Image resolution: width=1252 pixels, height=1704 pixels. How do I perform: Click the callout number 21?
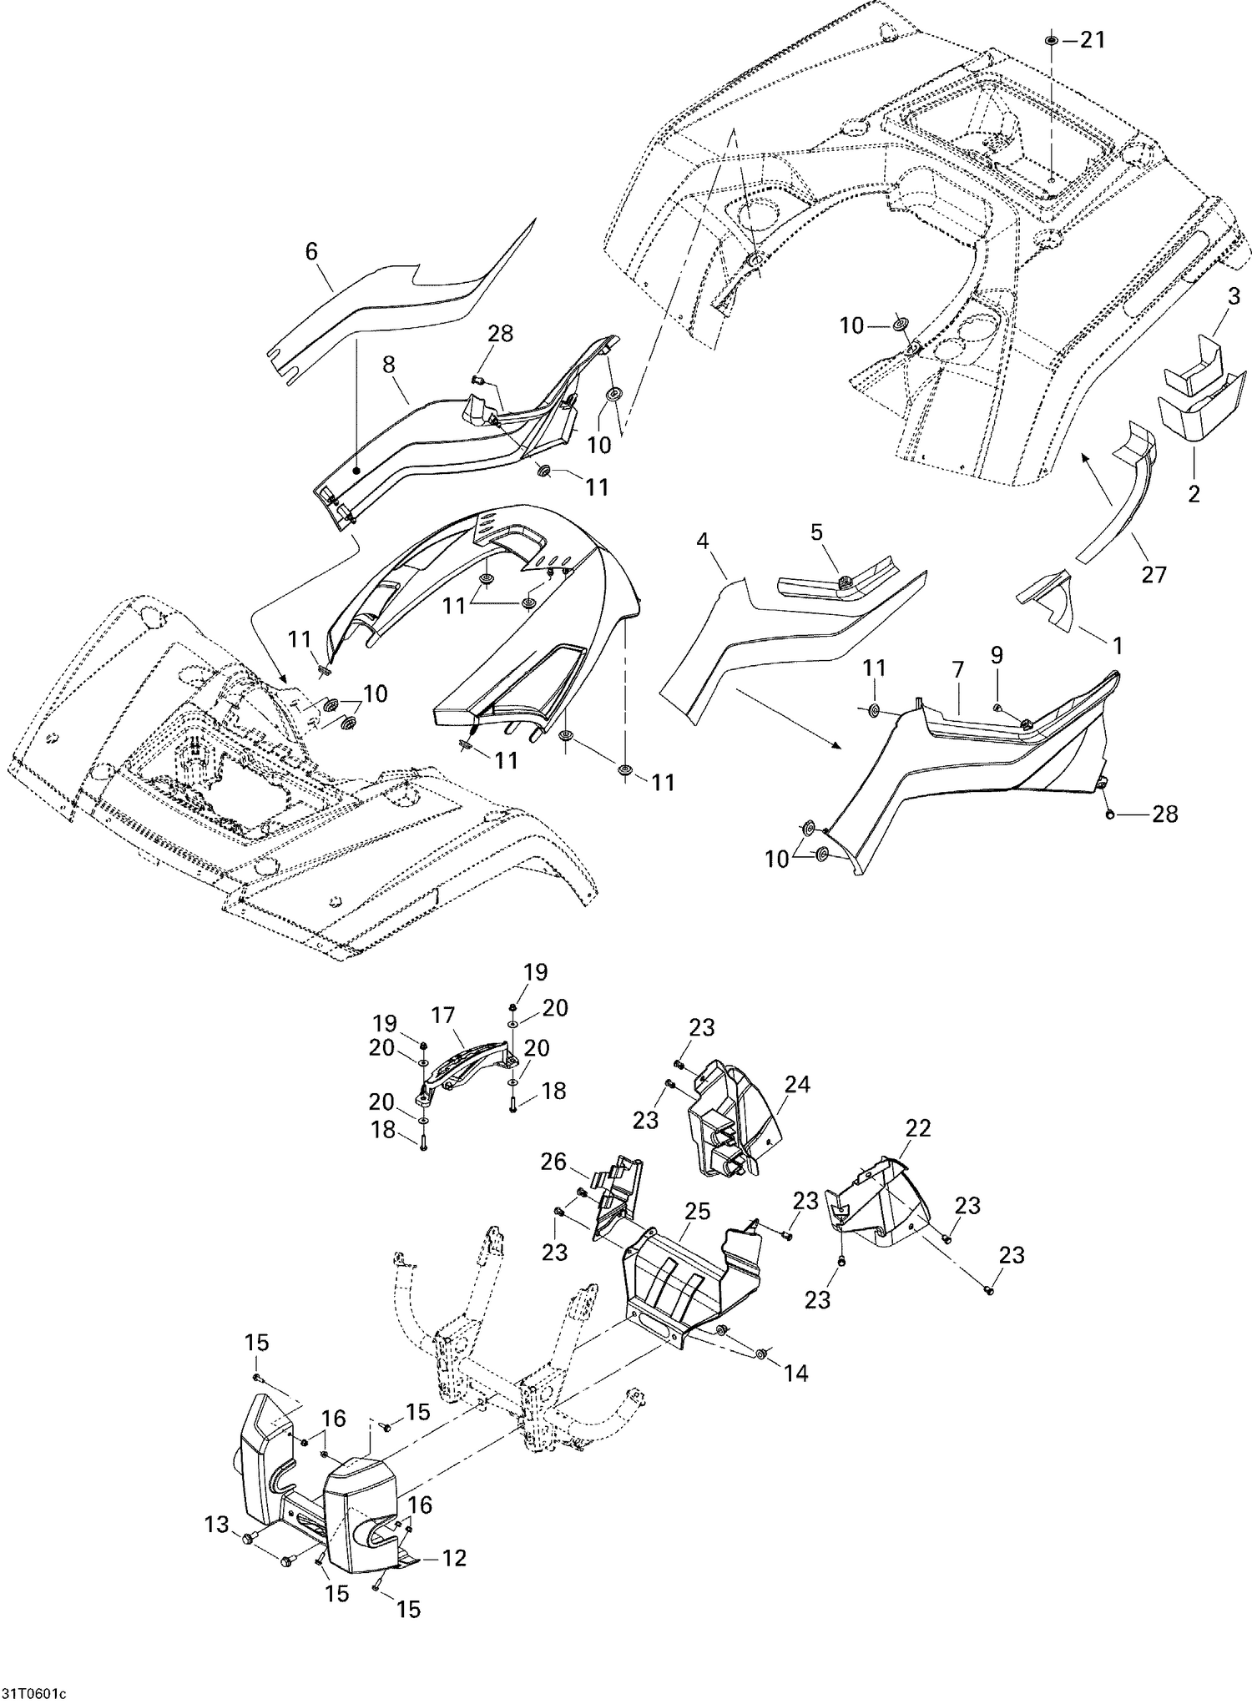[x=1092, y=39]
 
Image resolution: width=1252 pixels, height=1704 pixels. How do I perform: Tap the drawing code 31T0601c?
[x=33, y=1693]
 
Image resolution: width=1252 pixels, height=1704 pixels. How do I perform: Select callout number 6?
[x=311, y=251]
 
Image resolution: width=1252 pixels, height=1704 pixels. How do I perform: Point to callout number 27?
[x=1154, y=573]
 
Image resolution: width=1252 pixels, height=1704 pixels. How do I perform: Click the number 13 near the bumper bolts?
[x=217, y=1525]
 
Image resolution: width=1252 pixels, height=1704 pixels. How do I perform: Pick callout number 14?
[x=797, y=1373]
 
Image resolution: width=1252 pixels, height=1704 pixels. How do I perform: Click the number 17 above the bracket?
[x=443, y=1016]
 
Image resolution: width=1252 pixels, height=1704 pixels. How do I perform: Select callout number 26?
[x=553, y=1162]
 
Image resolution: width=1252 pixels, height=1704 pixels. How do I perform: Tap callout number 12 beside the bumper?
[x=454, y=1558]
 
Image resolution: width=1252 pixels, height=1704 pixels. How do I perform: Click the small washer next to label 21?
[x=1052, y=40]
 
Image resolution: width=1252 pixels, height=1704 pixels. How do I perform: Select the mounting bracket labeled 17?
[x=463, y=1066]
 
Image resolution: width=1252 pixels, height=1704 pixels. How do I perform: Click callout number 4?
[x=702, y=542]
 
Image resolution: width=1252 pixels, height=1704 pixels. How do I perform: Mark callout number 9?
[x=997, y=655]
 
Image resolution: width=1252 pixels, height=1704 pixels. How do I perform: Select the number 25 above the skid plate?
[x=697, y=1211]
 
